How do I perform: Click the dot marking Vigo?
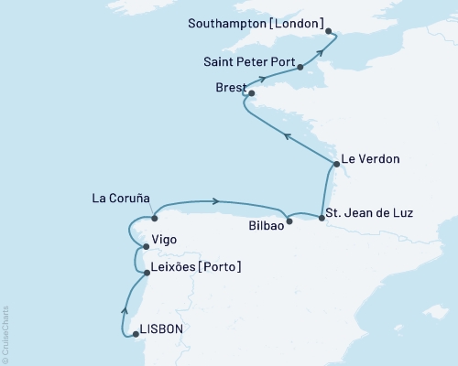coord(145,247)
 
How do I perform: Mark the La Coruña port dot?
coord(155,219)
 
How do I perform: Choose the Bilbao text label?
coord(266,222)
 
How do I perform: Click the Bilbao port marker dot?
coord(289,221)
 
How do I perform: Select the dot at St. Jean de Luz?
coord(322,217)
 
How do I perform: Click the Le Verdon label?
coord(372,159)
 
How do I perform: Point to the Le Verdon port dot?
coord(337,164)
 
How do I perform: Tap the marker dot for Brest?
coord(251,92)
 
